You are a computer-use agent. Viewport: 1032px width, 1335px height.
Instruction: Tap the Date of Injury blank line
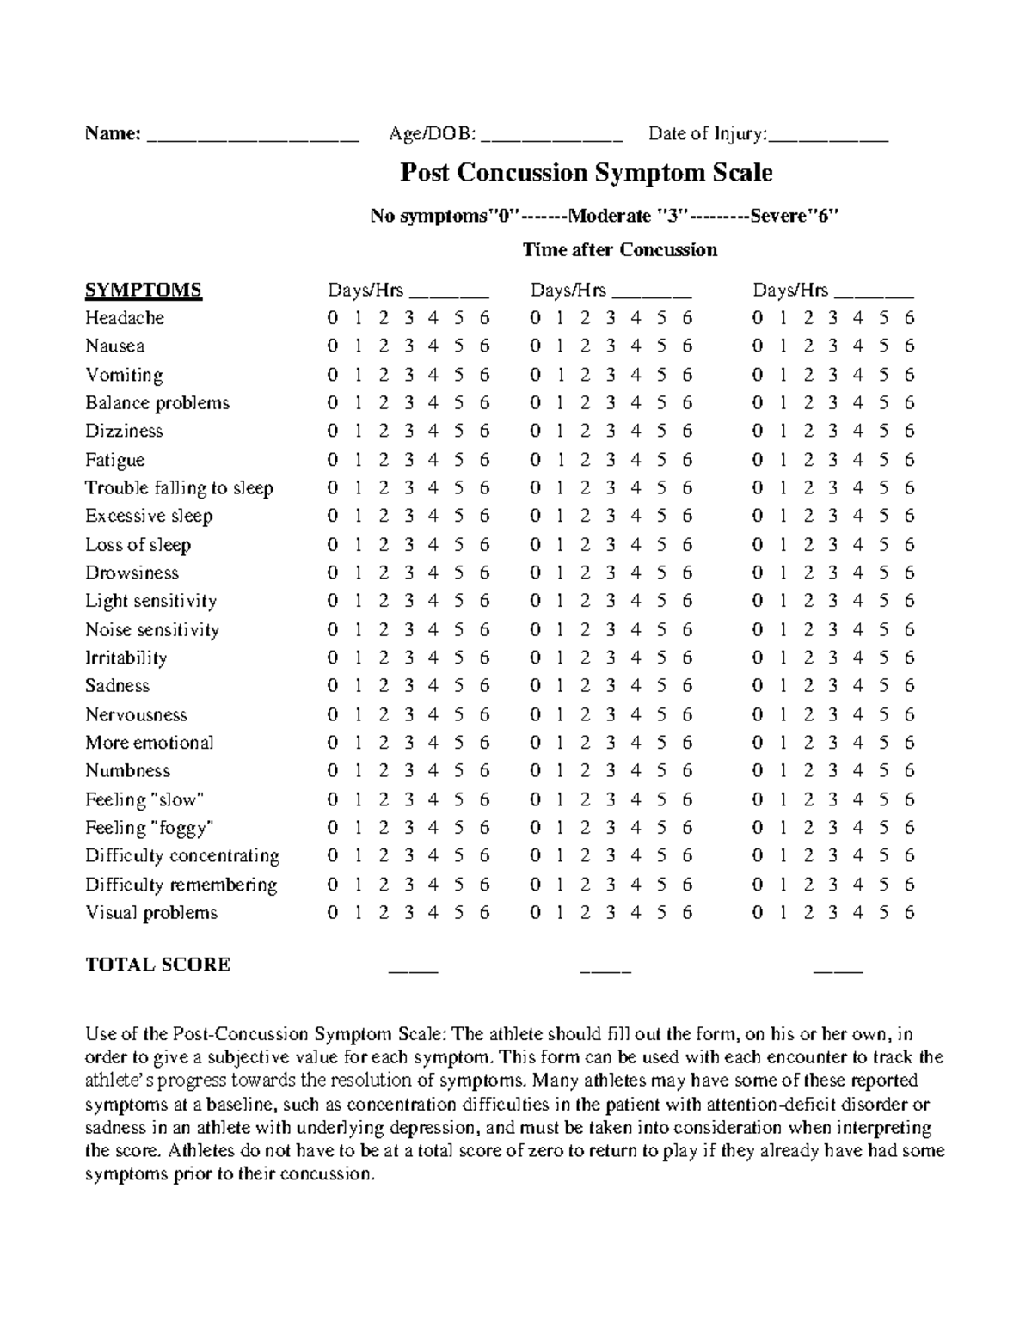click(x=828, y=136)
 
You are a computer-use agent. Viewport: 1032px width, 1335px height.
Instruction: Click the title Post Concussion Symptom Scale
click(x=586, y=173)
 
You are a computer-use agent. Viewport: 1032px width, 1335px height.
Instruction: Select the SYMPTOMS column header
click(x=143, y=290)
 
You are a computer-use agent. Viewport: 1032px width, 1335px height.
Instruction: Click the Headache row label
click(x=125, y=318)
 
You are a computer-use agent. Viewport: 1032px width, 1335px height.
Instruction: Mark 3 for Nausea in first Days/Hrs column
click(x=408, y=346)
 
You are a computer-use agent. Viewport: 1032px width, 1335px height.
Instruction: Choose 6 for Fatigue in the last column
click(x=910, y=460)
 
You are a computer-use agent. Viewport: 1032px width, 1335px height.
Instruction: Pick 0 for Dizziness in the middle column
click(x=535, y=432)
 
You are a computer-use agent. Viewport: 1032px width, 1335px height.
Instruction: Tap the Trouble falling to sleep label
click(x=179, y=488)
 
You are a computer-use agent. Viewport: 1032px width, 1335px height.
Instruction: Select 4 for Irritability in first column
click(x=433, y=658)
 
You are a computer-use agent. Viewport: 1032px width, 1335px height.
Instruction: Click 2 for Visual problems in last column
click(x=808, y=913)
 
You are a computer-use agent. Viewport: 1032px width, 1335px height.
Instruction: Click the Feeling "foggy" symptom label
click(x=149, y=828)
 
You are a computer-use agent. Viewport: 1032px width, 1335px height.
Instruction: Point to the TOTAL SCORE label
click(x=157, y=965)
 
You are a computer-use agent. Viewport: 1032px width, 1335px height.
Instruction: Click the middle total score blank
click(x=605, y=969)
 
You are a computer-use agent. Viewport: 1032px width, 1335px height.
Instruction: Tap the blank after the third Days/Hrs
click(x=874, y=292)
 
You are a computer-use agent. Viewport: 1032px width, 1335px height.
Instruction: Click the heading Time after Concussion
click(x=619, y=250)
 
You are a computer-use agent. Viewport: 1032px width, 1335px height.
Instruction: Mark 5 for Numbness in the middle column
click(x=661, y=771)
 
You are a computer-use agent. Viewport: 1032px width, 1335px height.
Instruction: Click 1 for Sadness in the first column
click(x=358, y=686)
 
